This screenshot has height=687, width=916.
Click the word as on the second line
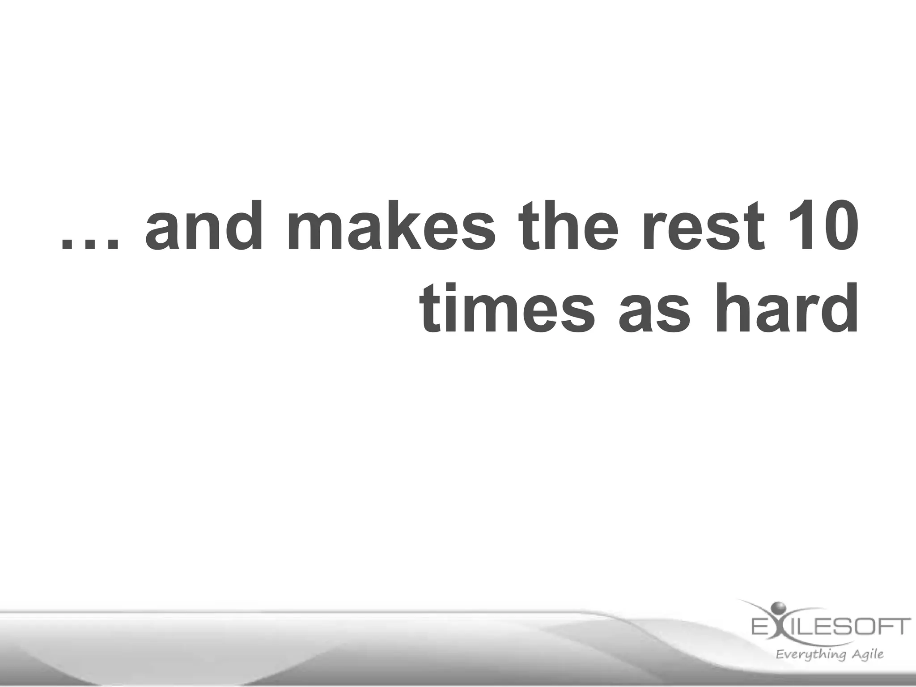pos(653,313)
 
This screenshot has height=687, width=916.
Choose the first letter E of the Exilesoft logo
pos(759,627)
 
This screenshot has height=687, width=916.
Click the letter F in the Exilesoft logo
pos(886,627)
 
